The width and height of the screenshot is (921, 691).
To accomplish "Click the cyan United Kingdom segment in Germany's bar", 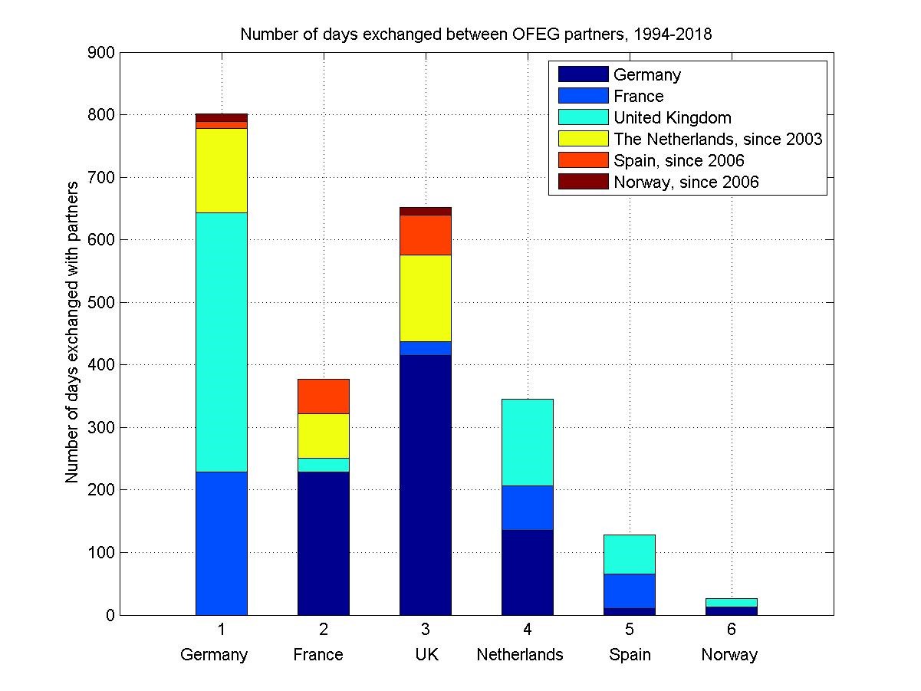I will pyautogui.click(x=222, y=342).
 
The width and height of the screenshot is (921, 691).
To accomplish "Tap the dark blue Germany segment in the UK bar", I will pyautogui.click(x=426, y=485).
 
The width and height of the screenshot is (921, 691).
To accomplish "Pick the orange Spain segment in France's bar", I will pyautogui.click(x=324, y=396).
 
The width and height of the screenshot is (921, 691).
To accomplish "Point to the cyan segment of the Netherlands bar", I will pyautogui.click(x=528, y=442).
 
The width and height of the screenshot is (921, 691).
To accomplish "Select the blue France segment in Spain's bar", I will pyautogui.click(x=630, y=591).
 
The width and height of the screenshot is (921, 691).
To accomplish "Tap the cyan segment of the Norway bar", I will pyautogui.click(x=732, y=602).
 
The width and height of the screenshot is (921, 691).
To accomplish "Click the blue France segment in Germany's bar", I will pyautogui.click(x=222, y=543).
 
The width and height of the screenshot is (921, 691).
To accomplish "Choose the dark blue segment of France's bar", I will pyautogui.click(x=324, y=543).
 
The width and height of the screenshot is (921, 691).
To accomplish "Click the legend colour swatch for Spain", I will pyautogui.click(x=583, y=160).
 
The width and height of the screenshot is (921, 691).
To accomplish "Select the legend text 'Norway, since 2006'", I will pyautogui.click(x=686, y=182).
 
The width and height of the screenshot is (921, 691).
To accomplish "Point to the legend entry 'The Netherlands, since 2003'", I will pyautogui.click(x=718, y=139).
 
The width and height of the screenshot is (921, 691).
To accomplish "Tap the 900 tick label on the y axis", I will pyautogui.click(x=103, y=53).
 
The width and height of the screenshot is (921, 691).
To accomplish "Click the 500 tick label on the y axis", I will pyautogui.click(x=103, y=302).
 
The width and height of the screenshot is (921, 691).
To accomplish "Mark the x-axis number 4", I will pyautogui.click(x=528, y=630).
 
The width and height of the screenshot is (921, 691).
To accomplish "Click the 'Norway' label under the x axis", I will pyautogui.click(x=729, y=655).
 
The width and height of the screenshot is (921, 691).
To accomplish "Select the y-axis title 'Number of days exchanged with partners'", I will pyautogui.click(x=72, y=333).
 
